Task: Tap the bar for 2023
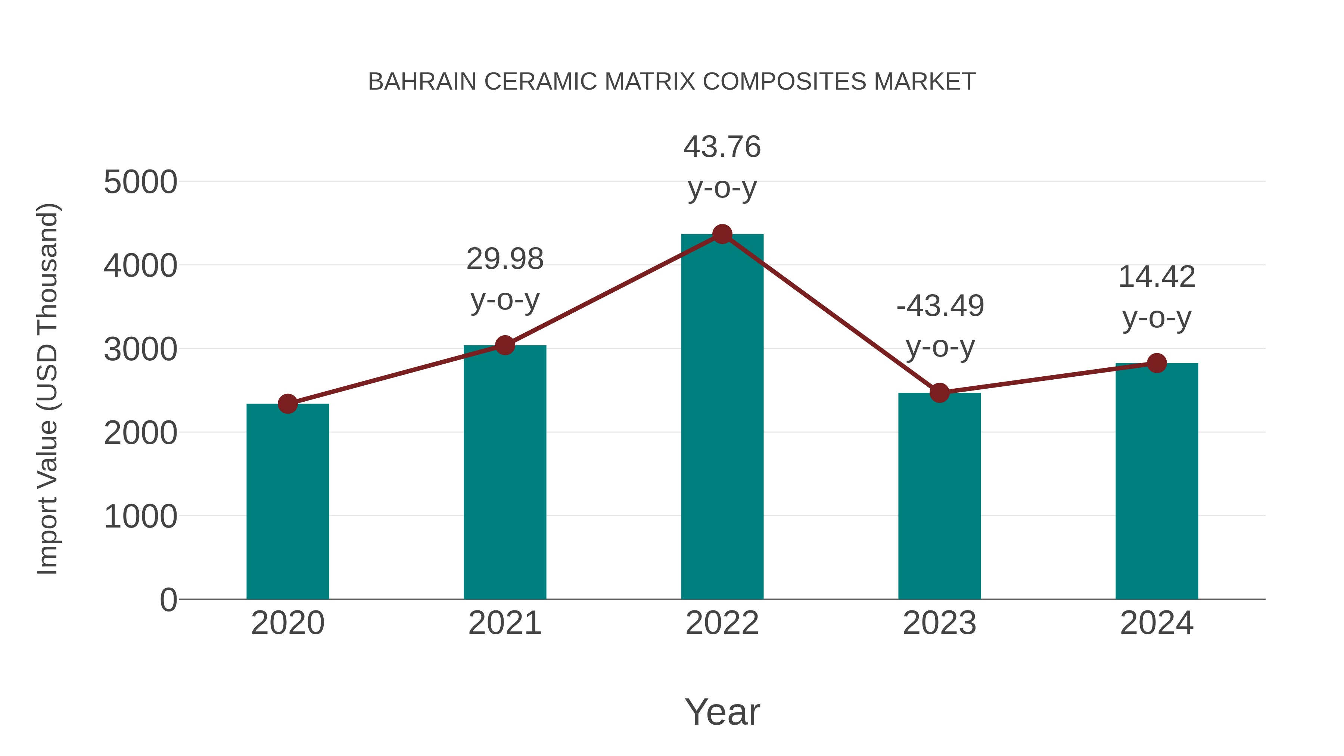tap(939, 496)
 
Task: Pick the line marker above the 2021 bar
tap(504, 345)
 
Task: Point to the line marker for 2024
tap(1157, 363)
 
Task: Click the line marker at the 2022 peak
tap(722, 234)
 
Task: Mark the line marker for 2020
tap(287, 404)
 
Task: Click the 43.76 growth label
tap(722, 147)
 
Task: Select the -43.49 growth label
tap(940, 306)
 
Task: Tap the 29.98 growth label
tap(504, 259)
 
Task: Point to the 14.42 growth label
tap(1157, 277)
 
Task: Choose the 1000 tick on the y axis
tap(140, 517)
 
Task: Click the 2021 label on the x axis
tap(504, 623)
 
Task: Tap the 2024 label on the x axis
tap(1157, 623)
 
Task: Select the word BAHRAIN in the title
tap(422, 82)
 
